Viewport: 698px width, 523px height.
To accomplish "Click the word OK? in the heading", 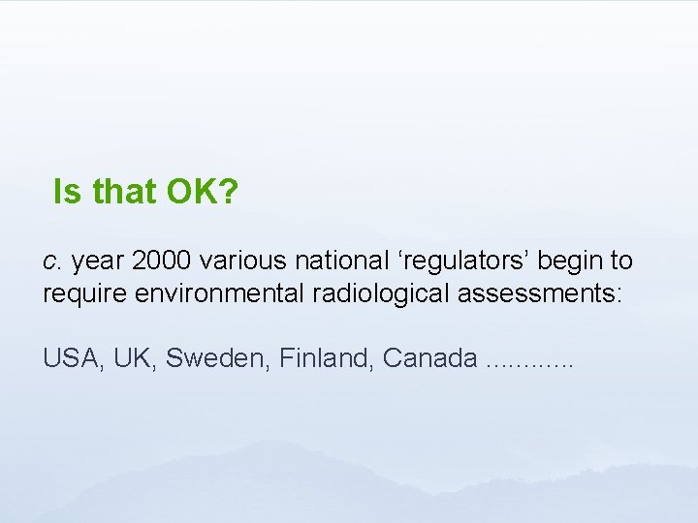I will [x=202, y=192].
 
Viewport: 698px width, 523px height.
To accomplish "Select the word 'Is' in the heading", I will [x=68, y=192].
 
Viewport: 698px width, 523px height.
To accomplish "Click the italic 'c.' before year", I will [x=52, y=261].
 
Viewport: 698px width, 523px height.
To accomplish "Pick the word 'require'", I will [x=80, y=292].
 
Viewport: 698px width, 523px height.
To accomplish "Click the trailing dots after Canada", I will [x=529, y=364].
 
